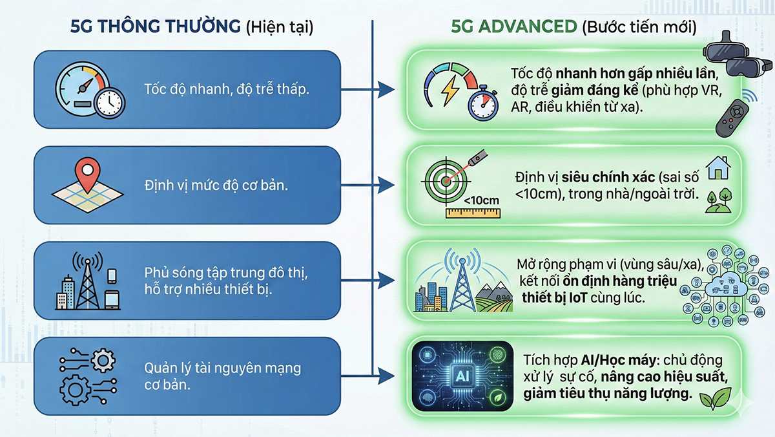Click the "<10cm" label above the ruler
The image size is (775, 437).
pos(481,200)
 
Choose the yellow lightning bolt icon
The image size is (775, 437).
pos(448,91)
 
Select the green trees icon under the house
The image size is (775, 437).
pos(716,201)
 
